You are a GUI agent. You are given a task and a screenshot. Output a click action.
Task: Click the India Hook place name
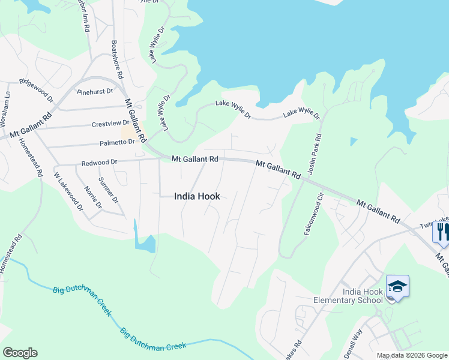pyautogui.click(x=197, y=196)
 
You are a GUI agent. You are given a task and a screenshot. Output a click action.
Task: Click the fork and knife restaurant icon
pyautogui.click(x=442, y=231)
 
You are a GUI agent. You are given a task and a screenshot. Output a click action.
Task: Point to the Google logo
pyautogui.click(x=20, y=353)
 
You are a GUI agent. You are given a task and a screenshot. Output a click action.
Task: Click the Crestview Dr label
pyautogui.click(x=106, y=124)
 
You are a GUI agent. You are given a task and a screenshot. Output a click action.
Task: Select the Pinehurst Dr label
pyautogui.click(x=95, y=92)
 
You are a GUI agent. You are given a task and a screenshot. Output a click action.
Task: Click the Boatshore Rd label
pyautogui.click(x=118, y=60)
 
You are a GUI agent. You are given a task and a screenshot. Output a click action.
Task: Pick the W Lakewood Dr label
pyautogui.click(x=68, y=191)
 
